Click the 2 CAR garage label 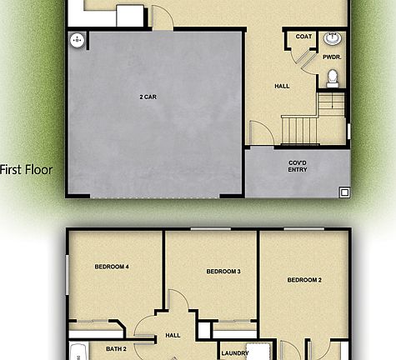(x=149, y=97)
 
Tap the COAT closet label (x=303, y=37)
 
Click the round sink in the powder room (x=333, y=39)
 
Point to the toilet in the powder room (x=332, y=77)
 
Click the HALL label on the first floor (x=282, y=86)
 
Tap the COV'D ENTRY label (x=298, y=166)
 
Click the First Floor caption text (x=26, y=170)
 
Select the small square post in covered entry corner (x=343, y=192)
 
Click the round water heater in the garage (x=78, y=39)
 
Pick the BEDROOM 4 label (x=111, y=267)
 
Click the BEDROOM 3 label (x=223, y=272)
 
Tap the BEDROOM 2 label (x=304, y=280)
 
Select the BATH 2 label (x=117, y=348)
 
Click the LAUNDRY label (x=234, y=352)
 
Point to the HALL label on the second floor (x=173, y=335)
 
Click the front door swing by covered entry (x=259, y=133)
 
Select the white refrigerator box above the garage (x=130, y=16)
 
